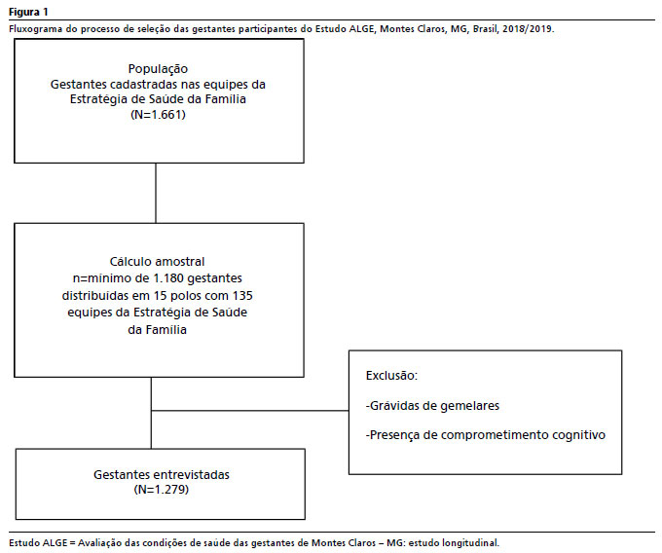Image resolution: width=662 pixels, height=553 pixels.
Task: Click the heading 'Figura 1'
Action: click(28, 12)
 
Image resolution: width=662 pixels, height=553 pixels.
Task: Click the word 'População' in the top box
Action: click(158, 69)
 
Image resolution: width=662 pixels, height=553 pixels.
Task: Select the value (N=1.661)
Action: click(159, 115)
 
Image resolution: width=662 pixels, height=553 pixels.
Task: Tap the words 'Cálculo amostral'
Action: click(157, 262)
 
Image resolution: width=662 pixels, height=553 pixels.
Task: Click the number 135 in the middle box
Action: click(242, 295)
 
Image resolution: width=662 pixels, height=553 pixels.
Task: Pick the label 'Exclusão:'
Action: click(391, 375)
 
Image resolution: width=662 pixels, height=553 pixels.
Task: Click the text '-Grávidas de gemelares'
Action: click(432, 406)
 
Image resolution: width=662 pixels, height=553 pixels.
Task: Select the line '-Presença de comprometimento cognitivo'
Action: click(486, 435)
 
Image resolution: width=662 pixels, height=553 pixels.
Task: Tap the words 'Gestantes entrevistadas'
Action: click(162, 474)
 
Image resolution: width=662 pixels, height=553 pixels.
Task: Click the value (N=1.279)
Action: click(162, 490)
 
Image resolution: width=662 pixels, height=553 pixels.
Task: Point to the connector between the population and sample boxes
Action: click(156, 194)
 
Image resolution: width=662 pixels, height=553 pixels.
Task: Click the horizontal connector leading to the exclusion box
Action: click(250, 410)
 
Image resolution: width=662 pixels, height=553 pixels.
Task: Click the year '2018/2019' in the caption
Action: click(527, 28)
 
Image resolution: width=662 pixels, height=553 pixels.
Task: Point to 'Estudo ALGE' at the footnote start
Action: click(38, 543)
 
